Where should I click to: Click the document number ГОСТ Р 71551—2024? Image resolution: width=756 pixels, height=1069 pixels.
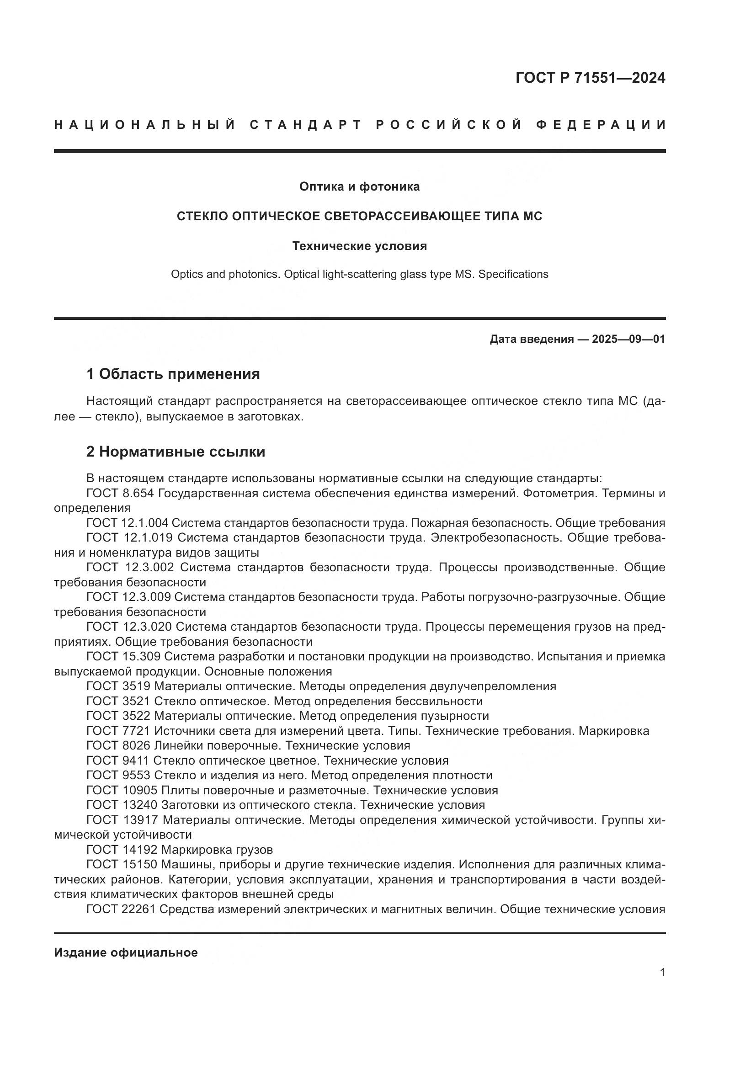590,78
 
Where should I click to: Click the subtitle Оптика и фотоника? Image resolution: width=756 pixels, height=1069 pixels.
359,187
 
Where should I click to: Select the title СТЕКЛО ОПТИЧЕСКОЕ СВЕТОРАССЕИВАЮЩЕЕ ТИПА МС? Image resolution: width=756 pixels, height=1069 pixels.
359,217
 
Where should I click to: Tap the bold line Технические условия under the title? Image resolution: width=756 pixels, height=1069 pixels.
359,246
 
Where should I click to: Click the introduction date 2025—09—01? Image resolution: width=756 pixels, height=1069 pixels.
628,339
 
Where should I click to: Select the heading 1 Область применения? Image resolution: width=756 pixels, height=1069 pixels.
173,374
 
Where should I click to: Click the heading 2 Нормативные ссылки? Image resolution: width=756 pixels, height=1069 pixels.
176,452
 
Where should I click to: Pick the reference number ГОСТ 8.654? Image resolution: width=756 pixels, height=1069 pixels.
120,493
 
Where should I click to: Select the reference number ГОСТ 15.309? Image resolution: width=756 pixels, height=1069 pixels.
123,656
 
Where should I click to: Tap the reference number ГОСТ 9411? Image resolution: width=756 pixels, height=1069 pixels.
117,761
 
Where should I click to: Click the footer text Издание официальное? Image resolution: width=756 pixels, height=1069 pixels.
126,952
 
